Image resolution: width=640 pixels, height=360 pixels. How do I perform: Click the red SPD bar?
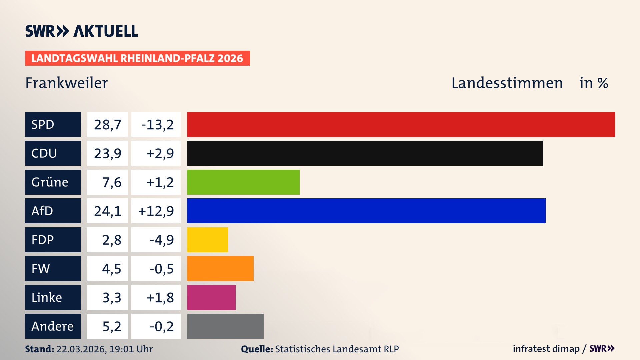(x=401, y=124)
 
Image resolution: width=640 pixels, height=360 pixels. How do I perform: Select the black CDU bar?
(x=365, y=153)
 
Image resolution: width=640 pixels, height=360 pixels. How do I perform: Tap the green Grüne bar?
(x=243, y=182)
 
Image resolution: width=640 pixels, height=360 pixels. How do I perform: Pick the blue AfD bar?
(x=366, y=211)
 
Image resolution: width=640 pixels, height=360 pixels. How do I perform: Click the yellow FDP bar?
(x=207, y=240)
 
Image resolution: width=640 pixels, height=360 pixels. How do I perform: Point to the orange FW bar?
(x=220, y=268)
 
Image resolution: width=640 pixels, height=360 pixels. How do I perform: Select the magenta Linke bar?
(x=211, y=297)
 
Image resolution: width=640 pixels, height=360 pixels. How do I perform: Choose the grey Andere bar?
(x=225, y=326)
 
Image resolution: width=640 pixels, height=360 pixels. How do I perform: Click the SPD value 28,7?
(x=107, y=125)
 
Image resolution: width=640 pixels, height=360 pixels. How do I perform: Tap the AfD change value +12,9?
(x=156, y=211)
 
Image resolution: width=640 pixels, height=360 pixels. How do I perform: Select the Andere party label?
(x=53, y=326)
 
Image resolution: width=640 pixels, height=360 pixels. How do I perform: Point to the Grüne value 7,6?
(x=112, y=182)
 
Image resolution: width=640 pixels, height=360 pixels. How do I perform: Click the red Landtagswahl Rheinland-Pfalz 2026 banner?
(x=137, y=58)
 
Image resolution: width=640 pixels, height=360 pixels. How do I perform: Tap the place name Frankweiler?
(x=67, y=83)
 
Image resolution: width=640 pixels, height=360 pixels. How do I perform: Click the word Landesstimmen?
(x=507, y=83)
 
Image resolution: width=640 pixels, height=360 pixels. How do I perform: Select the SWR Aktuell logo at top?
(x=82, y=31)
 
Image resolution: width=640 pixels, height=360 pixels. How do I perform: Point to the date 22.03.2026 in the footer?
(x=81, y=349)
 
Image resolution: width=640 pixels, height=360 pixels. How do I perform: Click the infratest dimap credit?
(x=546, y=349)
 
